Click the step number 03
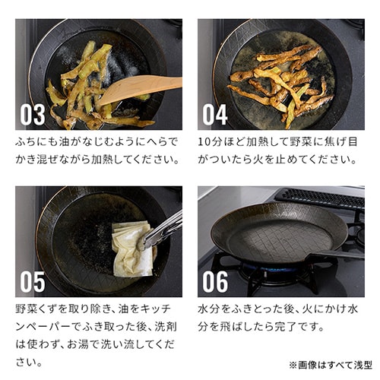[33, 115]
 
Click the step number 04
[215, 115]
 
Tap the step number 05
[33, 281]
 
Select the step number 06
[215, 281]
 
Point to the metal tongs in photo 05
[163, 228]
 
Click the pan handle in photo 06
[334, 255]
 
